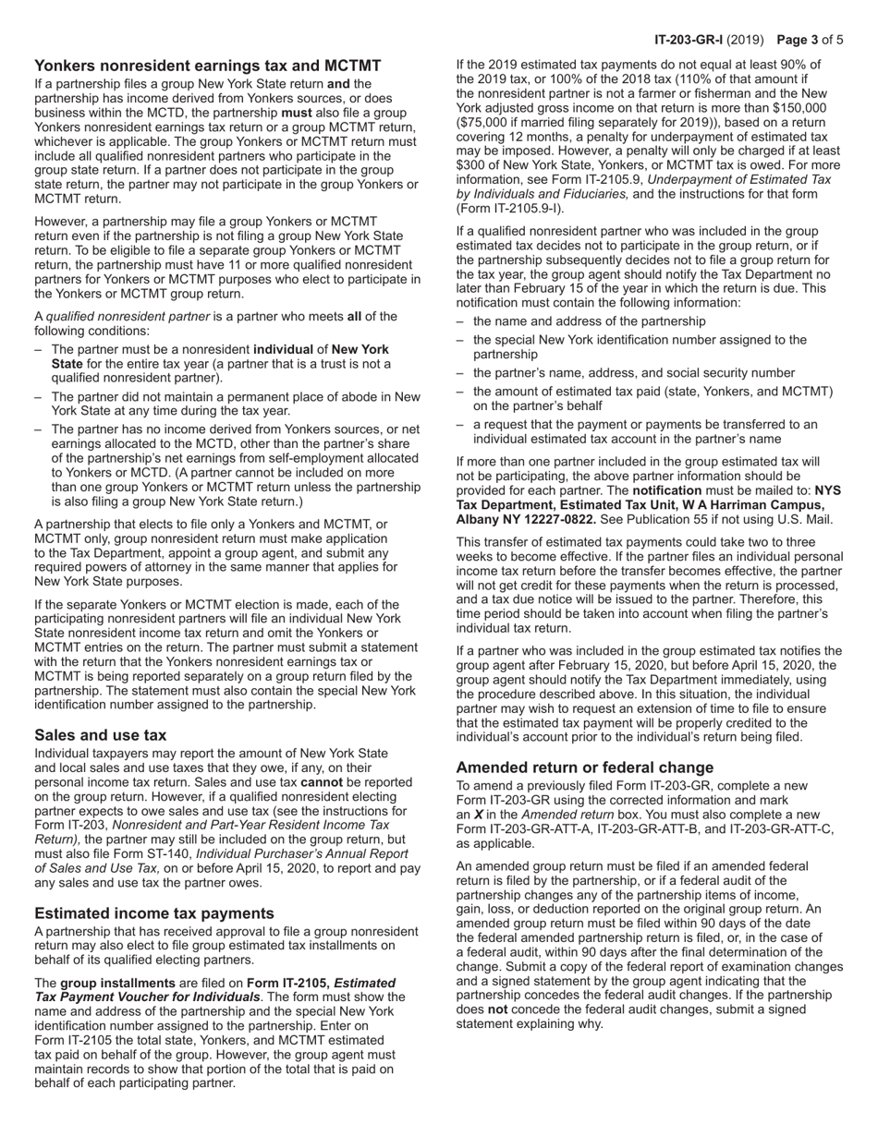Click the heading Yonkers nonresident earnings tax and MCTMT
[x=207, y=66]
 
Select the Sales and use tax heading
[x=100, y=735]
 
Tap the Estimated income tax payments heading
[x=153, y=913]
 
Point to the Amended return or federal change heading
[x=584, y=767]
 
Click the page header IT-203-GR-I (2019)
[x=709, y=40]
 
